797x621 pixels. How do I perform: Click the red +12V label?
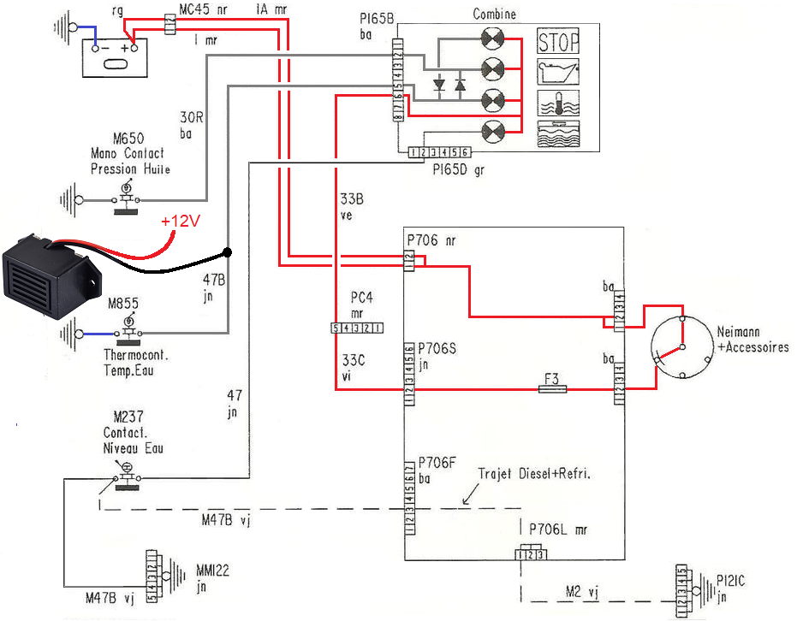pyautogui.click(x=181, y=222)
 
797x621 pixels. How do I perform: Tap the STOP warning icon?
pyautogui.click(x=558, y=41)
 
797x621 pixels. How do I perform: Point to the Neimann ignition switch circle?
pyautogui.click(x=681, y=348)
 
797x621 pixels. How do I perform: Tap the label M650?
pyautogui.click(x=128, y=138)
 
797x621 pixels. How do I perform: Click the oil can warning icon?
pyautogui.click(x=558, y=71)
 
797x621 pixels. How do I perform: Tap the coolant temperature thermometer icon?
pyautogui.click(x=558, y=102)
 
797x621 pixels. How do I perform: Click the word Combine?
pyautogui.click(x=494, y=15)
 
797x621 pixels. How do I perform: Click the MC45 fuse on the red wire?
pyautogui.click(x=170, y=23)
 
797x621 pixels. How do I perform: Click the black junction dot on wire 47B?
pyautogui.click(x=227, y=252)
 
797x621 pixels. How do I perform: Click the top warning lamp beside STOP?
pyautogui.click(x=496, y=39)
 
